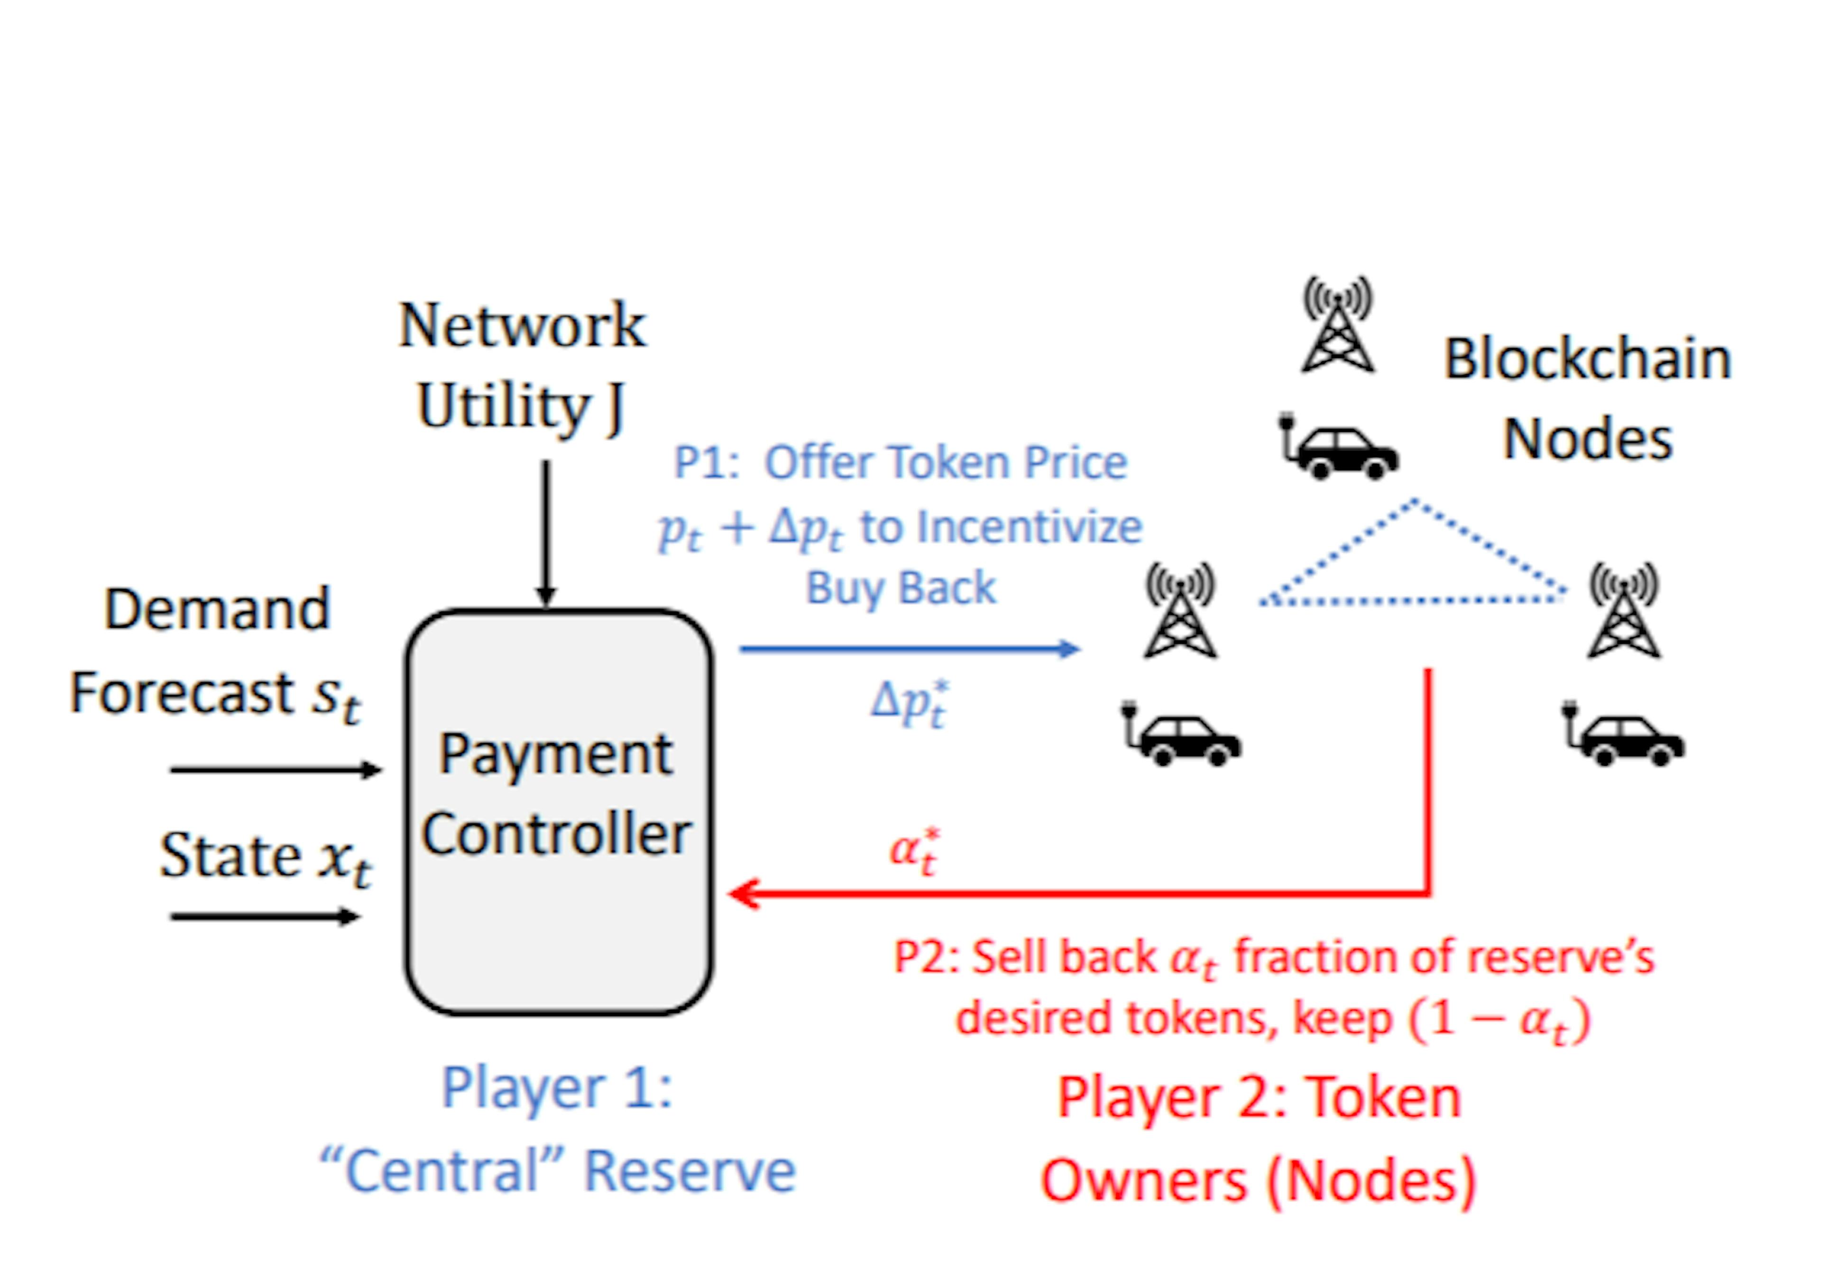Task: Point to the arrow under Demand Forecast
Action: click(274, 769)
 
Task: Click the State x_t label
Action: click(265, 858)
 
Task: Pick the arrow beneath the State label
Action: click(264, 917)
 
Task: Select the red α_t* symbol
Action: click(914, 851)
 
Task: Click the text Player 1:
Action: click(557, 1088)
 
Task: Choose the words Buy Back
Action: click(901, 588)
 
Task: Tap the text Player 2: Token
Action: click(1259, 1098)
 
